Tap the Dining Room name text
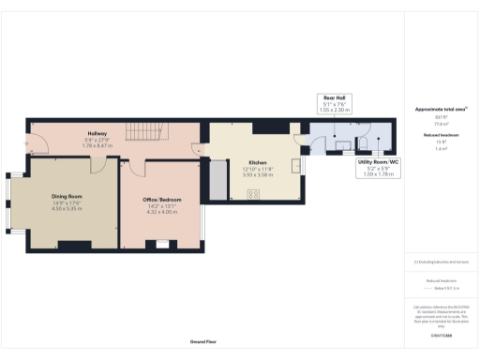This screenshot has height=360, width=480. (67, 196)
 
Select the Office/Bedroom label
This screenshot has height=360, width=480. (162, 201)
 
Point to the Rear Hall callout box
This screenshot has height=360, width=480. (336, 104)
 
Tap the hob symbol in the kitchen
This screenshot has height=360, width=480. (253, 194)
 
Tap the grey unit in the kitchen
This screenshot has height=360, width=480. (217, 180)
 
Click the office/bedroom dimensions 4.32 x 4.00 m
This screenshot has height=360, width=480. (162, 212)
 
